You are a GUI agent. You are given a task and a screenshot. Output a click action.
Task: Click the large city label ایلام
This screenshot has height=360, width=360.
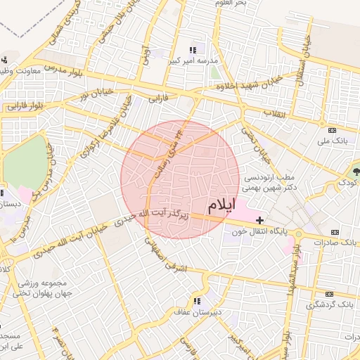[229, 206]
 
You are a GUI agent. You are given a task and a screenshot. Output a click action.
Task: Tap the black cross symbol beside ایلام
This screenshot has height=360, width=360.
[260, 220]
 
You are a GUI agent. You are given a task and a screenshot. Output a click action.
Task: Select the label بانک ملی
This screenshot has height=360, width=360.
[334, 141]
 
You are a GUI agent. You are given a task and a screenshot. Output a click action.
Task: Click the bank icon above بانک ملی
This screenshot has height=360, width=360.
[333, 130]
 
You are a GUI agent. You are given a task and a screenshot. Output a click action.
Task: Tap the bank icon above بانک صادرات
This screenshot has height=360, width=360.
[335, 232]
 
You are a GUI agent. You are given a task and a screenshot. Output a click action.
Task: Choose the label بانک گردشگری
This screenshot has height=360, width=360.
[330, 305]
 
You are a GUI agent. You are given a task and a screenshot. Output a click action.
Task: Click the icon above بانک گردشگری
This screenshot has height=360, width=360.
[329, 294]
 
